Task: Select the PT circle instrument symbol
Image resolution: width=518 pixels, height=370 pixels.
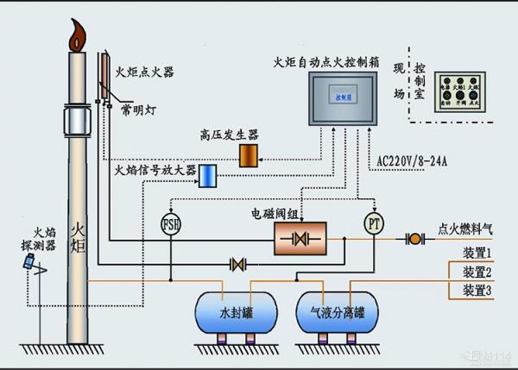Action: click(373, 223)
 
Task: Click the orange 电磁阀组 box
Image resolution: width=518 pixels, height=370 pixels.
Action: click(298, 236)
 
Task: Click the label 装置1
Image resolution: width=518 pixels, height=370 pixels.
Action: click(477, 253)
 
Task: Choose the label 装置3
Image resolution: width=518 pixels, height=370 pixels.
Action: click(477, 291)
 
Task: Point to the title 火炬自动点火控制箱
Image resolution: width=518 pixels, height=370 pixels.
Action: click(325, 61)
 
